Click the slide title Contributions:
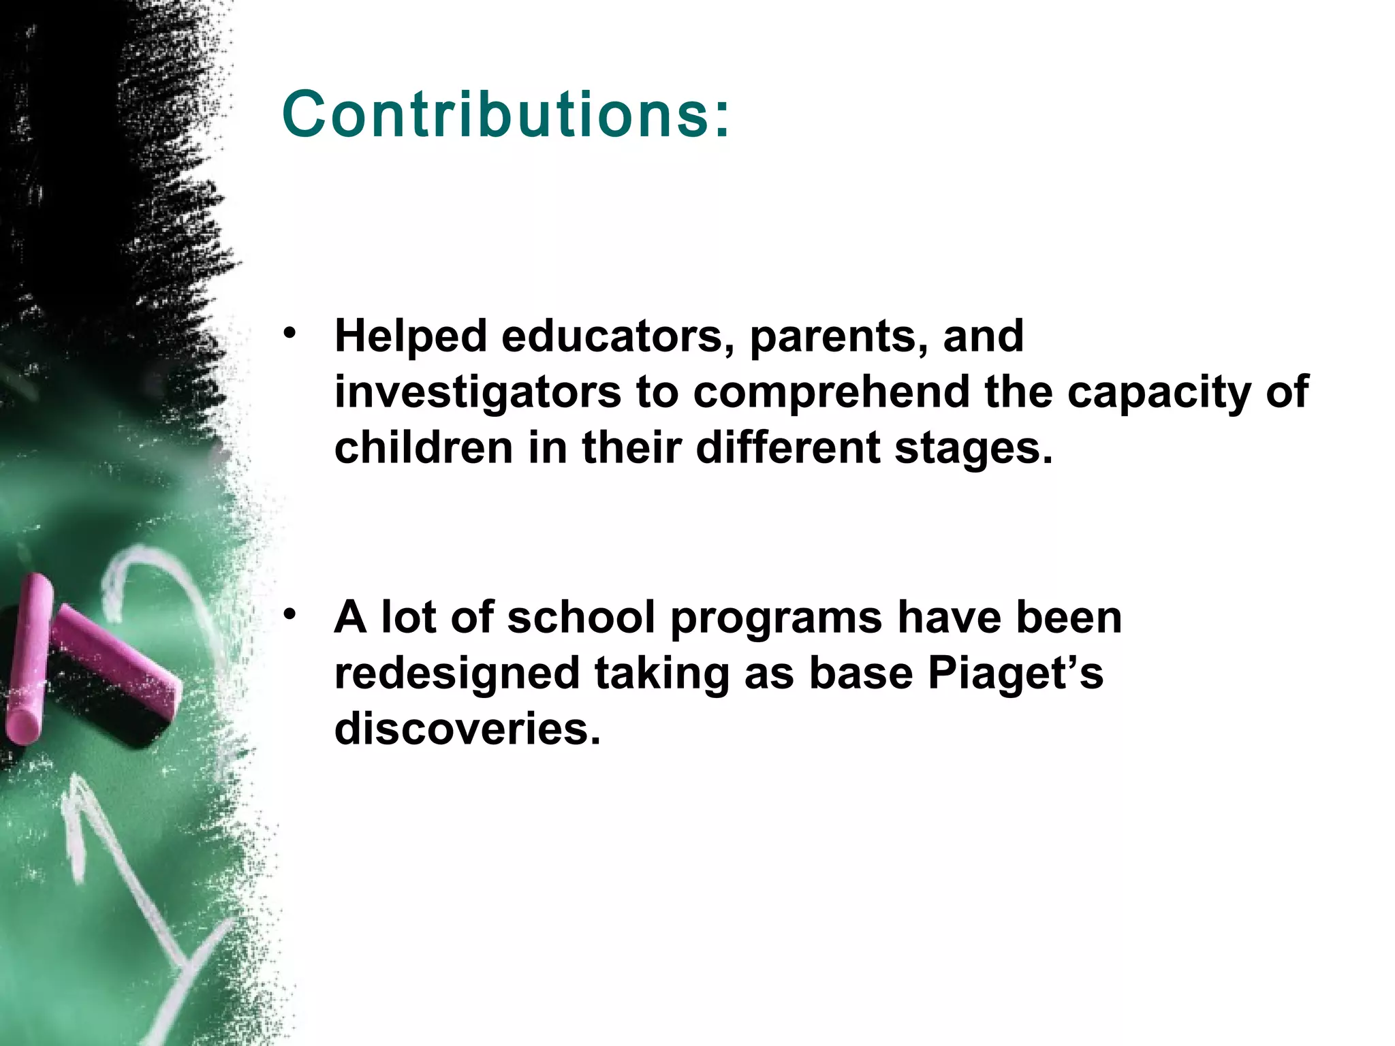[505, 114]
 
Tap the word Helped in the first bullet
[411, 336]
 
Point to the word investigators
[477, 394]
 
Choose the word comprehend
[831, 394]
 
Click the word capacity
[1158, 394]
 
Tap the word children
[423, 448]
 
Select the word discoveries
[467, 729]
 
